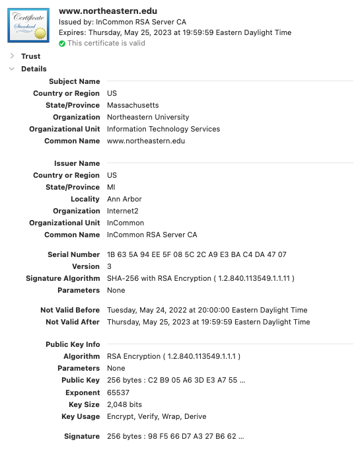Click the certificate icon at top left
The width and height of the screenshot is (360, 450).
[28, 25]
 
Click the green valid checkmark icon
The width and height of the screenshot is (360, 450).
[62, 44]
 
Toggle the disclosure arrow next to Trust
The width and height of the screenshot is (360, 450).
[12, 56]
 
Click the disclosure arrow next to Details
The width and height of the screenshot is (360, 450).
[12, 69]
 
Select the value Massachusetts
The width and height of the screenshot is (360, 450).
[133, 105]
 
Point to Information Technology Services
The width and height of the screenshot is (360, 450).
[163, 129]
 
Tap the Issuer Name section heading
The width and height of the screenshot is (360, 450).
[77, 163]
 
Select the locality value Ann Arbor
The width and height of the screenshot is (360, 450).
[124, 199]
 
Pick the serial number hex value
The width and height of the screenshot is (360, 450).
[196, 254]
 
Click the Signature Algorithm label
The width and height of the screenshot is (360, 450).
[63, 278]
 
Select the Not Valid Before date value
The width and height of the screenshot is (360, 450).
[208, 310]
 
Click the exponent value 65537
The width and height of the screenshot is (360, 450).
[120, 393]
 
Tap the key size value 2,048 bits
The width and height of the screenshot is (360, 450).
[124, 404]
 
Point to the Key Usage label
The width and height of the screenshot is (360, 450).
[81, 416]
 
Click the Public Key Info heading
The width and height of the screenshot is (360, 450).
[73, 344]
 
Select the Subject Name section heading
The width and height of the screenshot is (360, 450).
[74, 81]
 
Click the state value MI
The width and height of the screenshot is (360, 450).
[112, 187]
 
